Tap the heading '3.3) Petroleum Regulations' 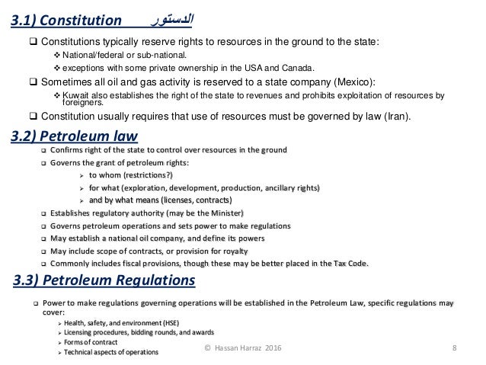pyautogui.click(x=104, y=282)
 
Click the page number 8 pyautogui.click(x=454, y=349)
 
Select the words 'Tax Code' pyautogui.click(x=350, y=264)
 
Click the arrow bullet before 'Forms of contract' pyautogui.click(x=60, y=342)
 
